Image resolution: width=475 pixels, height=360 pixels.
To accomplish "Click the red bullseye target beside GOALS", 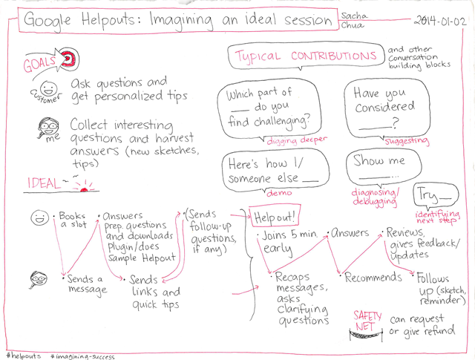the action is (69, 58).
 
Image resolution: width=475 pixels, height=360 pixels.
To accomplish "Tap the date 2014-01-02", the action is (440, 21).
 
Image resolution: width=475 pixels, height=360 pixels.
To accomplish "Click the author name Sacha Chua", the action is (353, 20).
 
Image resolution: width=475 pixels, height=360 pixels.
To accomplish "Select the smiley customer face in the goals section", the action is (48, 88).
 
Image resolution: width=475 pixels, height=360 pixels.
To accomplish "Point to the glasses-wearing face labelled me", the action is (48, 127).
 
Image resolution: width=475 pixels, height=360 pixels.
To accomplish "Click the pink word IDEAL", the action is (44, 183).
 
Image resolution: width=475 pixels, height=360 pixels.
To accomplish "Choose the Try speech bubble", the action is (436, 195).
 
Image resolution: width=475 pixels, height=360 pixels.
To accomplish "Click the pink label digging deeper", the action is (297, 140).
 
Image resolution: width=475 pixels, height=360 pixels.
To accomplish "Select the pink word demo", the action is (279, 193).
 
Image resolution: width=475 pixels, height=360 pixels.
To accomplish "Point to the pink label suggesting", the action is (407, 141).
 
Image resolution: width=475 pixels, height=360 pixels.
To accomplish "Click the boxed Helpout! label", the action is (275, 216).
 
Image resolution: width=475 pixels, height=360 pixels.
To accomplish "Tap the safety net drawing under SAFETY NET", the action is (365, 336).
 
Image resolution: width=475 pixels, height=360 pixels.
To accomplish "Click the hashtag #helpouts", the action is (24, 356).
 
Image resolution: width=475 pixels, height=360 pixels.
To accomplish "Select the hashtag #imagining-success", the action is (82, 356).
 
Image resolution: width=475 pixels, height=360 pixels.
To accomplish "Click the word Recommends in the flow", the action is (373, 277).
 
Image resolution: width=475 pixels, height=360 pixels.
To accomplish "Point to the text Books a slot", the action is (73, 220).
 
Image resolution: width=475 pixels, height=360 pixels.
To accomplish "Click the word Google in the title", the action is (47, 21).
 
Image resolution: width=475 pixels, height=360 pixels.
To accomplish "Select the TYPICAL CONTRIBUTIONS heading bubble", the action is (307, 56).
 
